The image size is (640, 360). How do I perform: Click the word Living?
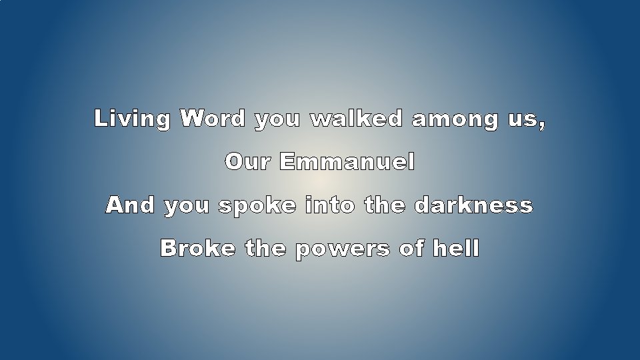point(132,119)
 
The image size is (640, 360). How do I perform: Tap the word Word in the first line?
point(213,119)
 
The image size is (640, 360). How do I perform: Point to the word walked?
point(357,119)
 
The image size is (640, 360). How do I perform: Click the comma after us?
point(541,125)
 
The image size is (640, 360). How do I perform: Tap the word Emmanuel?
point(347,162)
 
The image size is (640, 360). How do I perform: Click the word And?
point(130,205)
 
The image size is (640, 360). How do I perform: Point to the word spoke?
point(257,206)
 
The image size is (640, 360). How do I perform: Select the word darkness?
point(473,205)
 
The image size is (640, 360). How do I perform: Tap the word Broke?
point(197,248)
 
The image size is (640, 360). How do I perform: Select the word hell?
point(456,248)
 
